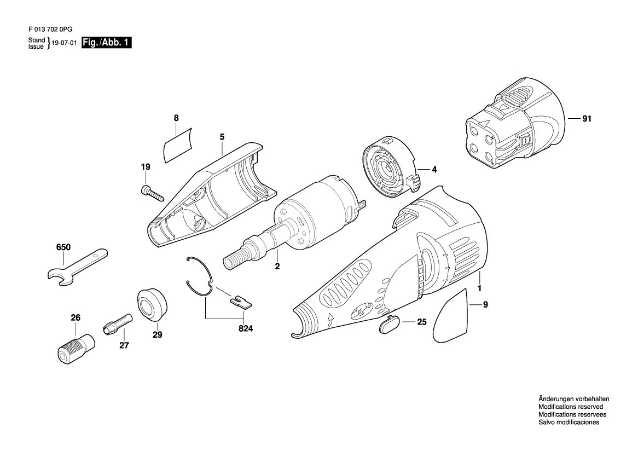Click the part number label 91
coord(587,119)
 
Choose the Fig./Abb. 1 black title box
coord(107,43)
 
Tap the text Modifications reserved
coord(570,407)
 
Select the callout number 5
coord(222,136)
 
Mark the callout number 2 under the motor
coord(277,267)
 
